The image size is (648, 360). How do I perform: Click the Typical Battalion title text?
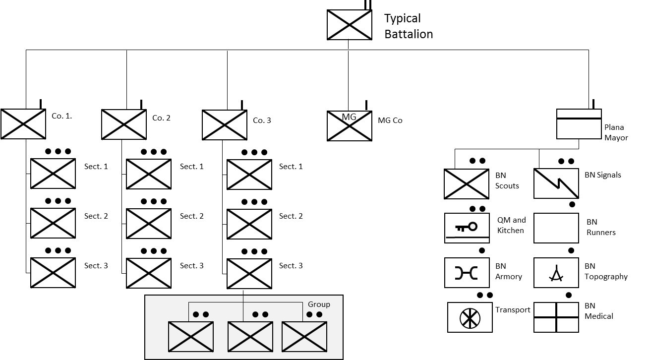(x=409, y=26)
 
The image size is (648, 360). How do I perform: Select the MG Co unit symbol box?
(x=349, y=126)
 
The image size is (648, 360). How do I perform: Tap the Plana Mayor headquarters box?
(x=579, y=124)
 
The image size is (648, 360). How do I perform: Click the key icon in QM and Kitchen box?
(x=466, y=227)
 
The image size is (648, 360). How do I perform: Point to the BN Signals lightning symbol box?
(x=556, y=183)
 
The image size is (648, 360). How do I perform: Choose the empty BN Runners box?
(x=556, y=228)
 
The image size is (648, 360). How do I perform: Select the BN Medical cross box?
(x=556, y=317)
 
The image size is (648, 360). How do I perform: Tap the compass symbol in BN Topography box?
(x=556, y=273)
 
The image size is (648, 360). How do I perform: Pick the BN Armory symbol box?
(x=467, y=273)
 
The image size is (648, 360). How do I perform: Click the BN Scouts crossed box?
(x=467, y=184)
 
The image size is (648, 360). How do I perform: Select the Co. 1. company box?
(x=23, y=124)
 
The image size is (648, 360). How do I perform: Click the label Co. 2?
(x=161, y=118)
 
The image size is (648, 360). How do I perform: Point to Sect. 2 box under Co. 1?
(x=53, y=223)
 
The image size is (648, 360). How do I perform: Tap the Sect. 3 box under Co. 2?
(x=149, y=273)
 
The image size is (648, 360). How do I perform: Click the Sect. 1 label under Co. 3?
(x=291, y=167)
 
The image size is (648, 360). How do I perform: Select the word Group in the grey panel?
(x=319, y=304)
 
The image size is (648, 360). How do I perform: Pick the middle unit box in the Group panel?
(x=250, y=337)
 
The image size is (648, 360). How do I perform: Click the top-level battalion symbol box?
(x=349, y=25)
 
